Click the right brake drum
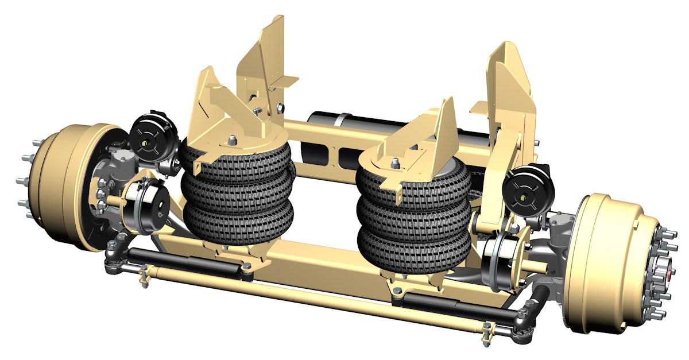click(609, 258)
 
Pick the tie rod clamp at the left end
click(143, 275)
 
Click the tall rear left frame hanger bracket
click(270, 63)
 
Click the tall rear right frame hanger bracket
click(511, 86)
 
